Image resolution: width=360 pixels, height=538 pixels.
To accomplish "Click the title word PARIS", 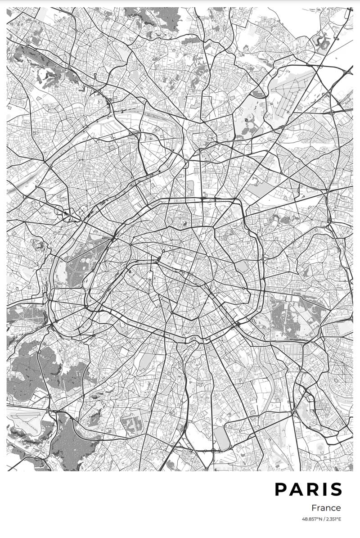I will [x=309, y=490].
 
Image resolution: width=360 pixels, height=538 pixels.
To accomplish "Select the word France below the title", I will [x=326, y=508].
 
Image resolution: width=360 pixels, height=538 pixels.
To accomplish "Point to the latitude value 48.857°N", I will [x=312, y=519].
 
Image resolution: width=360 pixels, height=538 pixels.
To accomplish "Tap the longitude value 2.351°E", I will [x=333, y=519].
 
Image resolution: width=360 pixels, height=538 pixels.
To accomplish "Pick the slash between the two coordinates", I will [x=324, y=519].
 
